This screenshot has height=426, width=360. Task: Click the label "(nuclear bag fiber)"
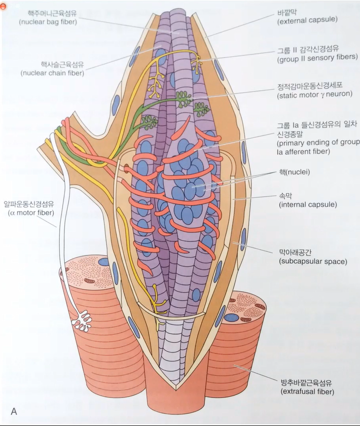[x=48, y=23]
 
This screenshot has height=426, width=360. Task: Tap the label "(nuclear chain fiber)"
[x=52, y=73]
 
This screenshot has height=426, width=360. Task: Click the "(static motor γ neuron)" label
[x=314, y=94]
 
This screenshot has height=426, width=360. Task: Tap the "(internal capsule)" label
[x=308, y=204]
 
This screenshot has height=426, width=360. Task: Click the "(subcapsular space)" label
[x=313, y=261]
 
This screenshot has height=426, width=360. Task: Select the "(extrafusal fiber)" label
[x=307, y=391]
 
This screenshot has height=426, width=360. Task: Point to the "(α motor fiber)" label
[x=31, y=213]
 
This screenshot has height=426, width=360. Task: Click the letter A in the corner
[x=14, y=411]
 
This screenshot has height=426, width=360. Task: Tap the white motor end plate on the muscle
[x=82, y=320]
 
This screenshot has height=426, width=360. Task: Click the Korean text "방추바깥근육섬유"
[x=306, y=382]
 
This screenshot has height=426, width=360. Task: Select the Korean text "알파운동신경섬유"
[x=29, y=203]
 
